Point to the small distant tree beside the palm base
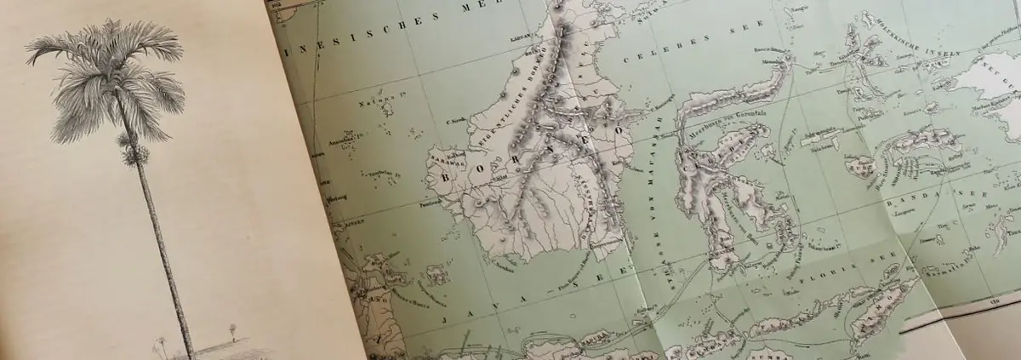click(x=232, y=329)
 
